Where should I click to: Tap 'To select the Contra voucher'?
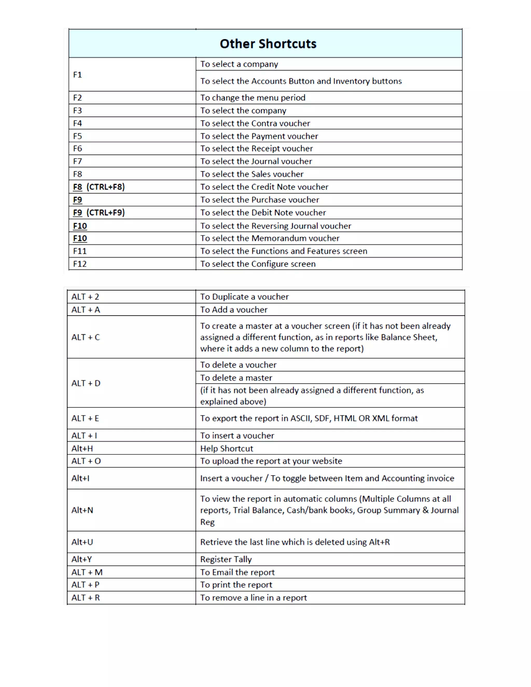(x=255, y=123)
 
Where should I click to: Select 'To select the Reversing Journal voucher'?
(x=276, y=226)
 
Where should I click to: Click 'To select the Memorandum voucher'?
(x=270, y=238)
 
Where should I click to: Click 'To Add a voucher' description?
(x=234, y=310)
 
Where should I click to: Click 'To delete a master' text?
(x=236, y=377)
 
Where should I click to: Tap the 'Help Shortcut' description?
(x=227, y=448)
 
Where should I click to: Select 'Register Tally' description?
(x=226, y=559)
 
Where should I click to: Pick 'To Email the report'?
(x=237, y=572)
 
